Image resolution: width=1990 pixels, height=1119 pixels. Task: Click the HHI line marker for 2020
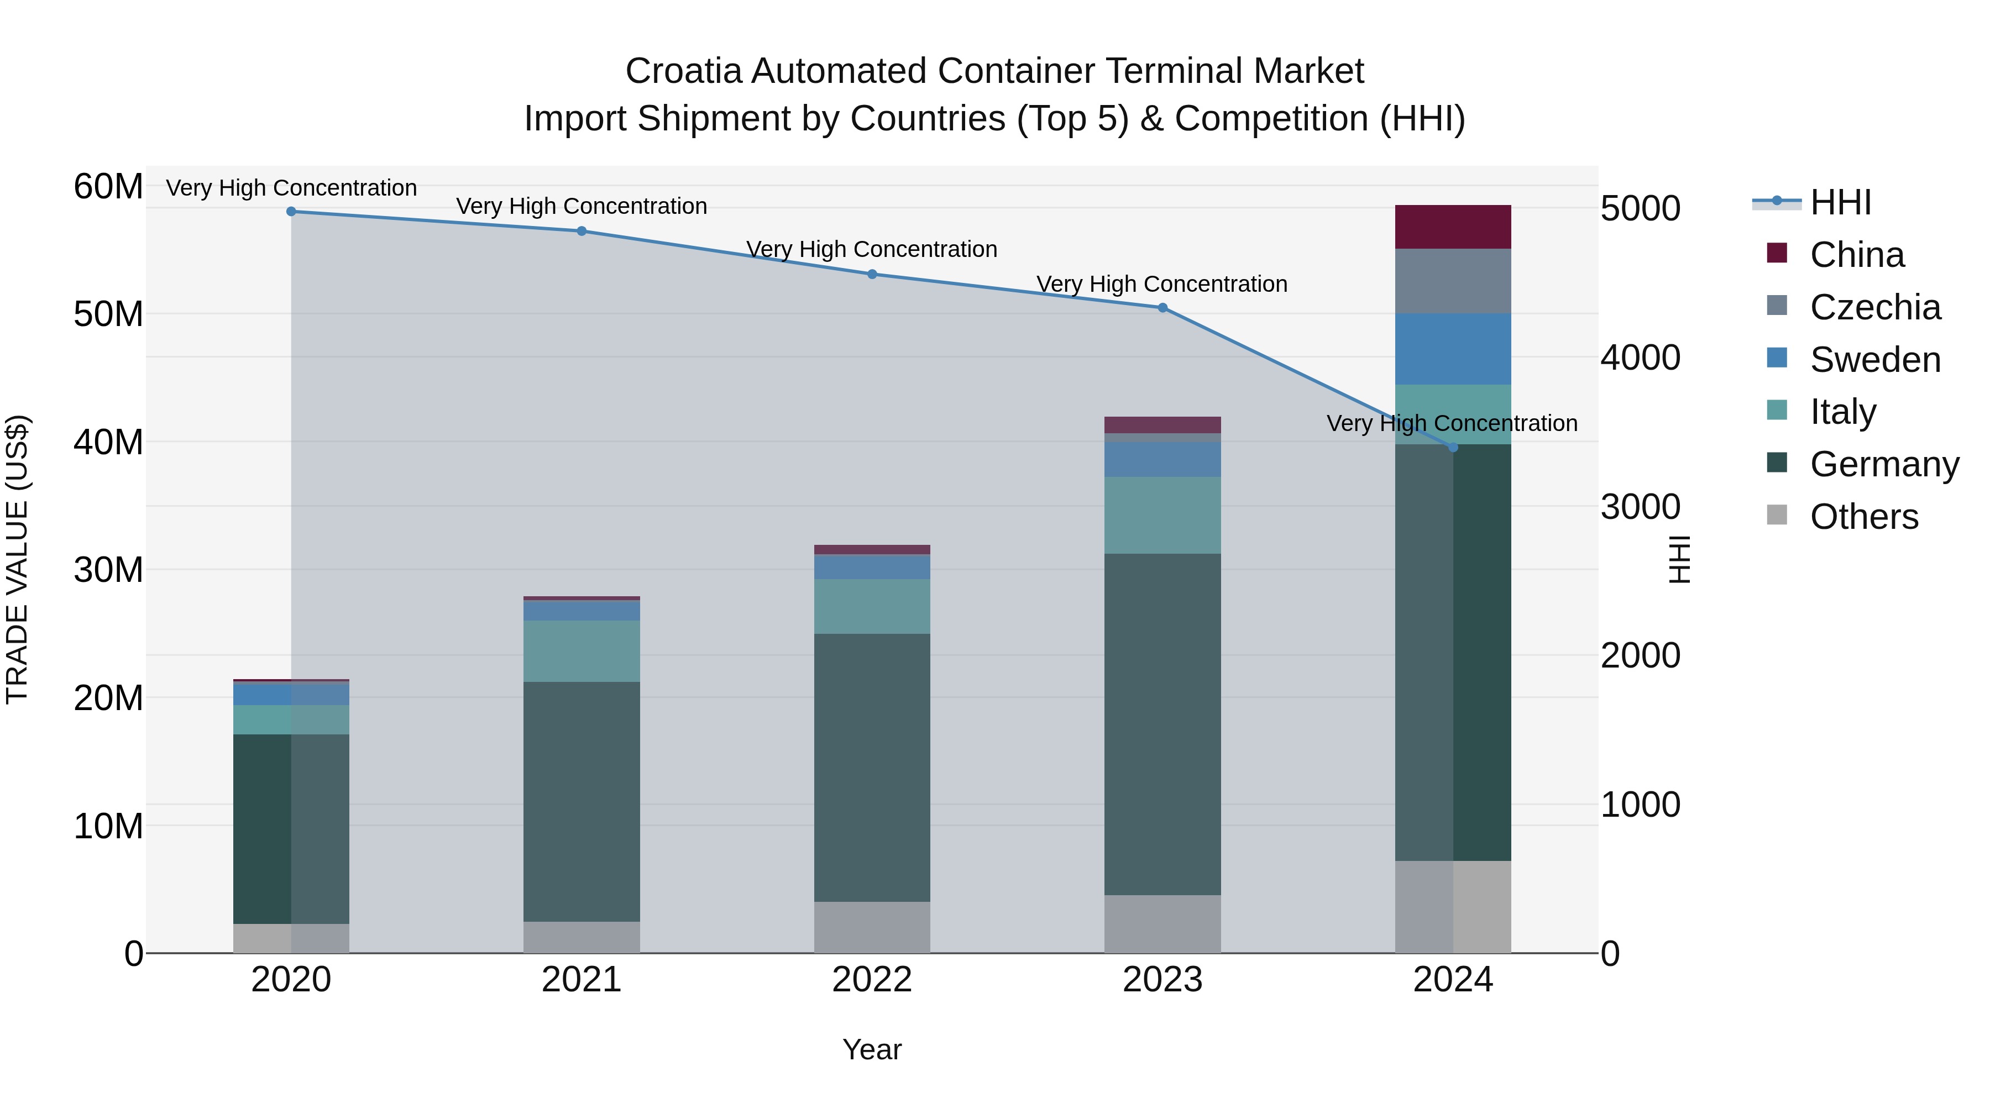[x=291, y=212]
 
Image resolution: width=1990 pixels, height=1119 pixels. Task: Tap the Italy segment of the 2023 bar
[x=1162, y=515]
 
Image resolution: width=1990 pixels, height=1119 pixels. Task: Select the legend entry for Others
[x=1863, y=517]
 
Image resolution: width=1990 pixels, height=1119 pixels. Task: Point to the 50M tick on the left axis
[x=108, y=314]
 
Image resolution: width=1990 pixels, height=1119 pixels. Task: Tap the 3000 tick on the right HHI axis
[x=1640, y=507]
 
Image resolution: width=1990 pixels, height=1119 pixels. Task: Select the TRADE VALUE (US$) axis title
[x=17, y=559]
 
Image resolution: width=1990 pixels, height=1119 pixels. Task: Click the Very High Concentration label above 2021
[x=582, y=206]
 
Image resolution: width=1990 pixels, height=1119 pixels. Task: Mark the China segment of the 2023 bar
[x=1162, y=425]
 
